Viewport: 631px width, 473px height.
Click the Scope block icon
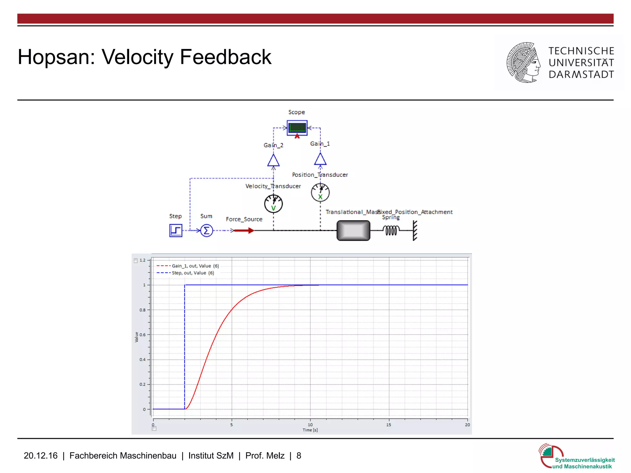(x=297, y=128)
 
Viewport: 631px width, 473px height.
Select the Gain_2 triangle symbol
(x=273, y=161)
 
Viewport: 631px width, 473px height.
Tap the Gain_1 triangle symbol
(x=320, y=159)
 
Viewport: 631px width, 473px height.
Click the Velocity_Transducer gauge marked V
(x=273, y=204)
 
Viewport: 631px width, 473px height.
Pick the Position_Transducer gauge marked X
(x=320, y=193)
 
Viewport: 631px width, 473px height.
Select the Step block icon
(x=176, y=230)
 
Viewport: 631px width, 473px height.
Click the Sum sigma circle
(x=206, y=230)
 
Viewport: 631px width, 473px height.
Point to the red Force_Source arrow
(x=244, y=230)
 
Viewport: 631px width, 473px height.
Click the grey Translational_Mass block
(x=353, y=230)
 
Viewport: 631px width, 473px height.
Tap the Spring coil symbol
(x=391, y=230)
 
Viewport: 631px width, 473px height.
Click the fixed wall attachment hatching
(x=415, y=230)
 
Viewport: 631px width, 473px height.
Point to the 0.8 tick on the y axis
(x=143, y=310)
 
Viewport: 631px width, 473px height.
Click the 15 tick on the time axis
(x=389, y=425)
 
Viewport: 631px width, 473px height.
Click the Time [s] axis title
(x=310, y=430)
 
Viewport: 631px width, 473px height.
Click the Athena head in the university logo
(x=523, y=63)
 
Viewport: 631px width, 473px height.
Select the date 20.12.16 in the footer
(x=40, y=455)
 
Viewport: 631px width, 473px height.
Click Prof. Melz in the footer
(x=265, y=455)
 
